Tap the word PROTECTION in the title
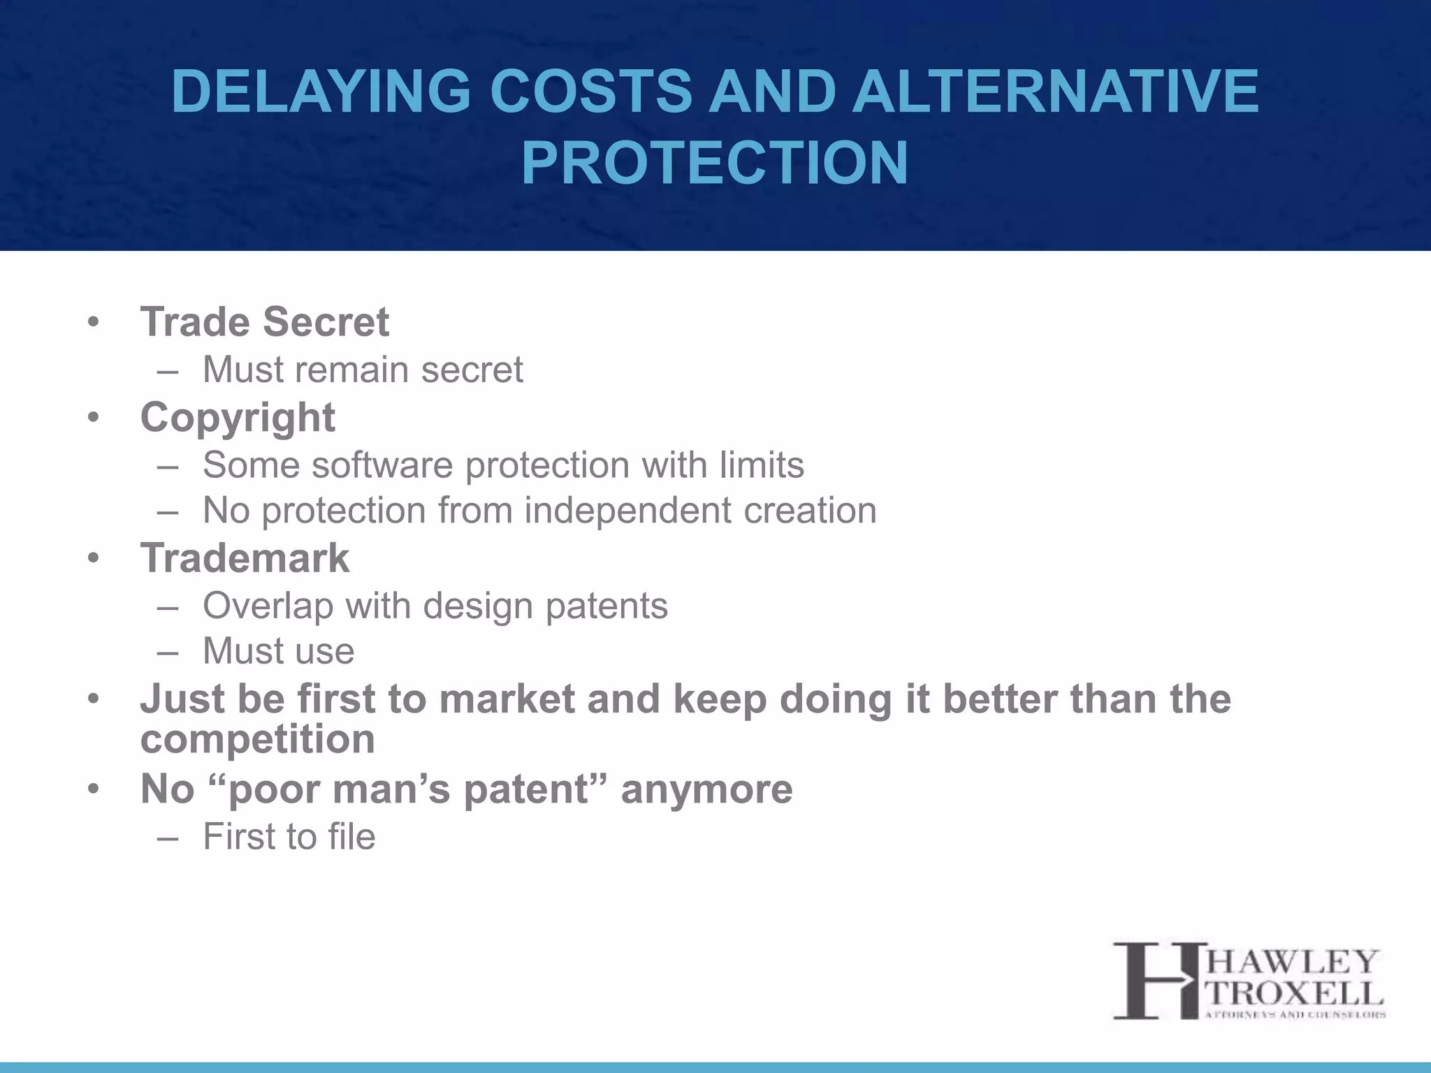click(714, 163)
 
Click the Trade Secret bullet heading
click(264, 322)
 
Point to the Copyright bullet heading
click(238, 418)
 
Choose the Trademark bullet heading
click(245, 558)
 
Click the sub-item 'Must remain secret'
click(362, 370)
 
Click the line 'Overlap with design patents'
click(435, 606)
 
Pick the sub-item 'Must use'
click(278, 651)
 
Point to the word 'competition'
click(257, 739)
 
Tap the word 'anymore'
click(706, 789)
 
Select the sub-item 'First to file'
click(289, 837)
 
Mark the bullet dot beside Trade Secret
click(94, 323)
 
